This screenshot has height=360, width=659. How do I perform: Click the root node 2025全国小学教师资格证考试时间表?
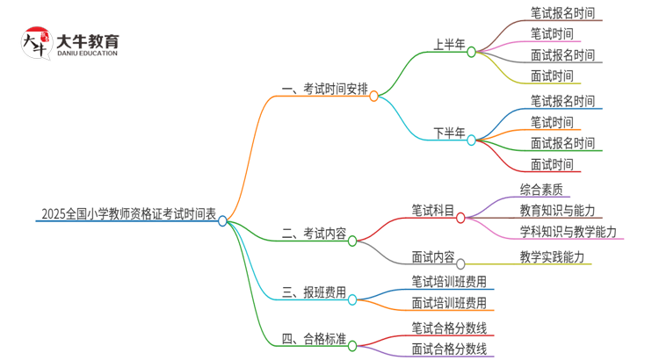pyautogui.click(x=127, y=212)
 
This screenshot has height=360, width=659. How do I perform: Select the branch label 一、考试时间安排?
pyautogui.click(x=324, y=89)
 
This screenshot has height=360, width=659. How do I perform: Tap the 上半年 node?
pyautogui.click(x=448, y=44)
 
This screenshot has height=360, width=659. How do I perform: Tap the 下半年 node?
pyautogui.click(x=448, y=133)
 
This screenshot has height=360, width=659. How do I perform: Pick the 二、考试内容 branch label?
pyautogui.click(x=314, y=234)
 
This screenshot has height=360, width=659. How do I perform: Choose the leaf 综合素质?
pyautogui.click(x=541, y=188)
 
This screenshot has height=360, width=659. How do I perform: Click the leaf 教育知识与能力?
pyautogui.click(x=557, y=210)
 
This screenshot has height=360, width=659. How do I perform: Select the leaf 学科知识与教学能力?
pyautogui.click(x=568, y=232)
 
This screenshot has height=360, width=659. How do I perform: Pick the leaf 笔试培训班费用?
pyautogui.click(x=448, y=282)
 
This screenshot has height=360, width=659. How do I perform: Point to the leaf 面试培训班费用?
pyautogui.click(x=448, y=303)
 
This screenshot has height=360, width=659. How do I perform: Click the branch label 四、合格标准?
pyautogui.click(x=314, y=340)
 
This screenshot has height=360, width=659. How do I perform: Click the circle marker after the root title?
pyautogui.click(x=223, y=221)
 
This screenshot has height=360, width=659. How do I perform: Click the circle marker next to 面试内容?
pyautogui.click(x=460, y=263)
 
